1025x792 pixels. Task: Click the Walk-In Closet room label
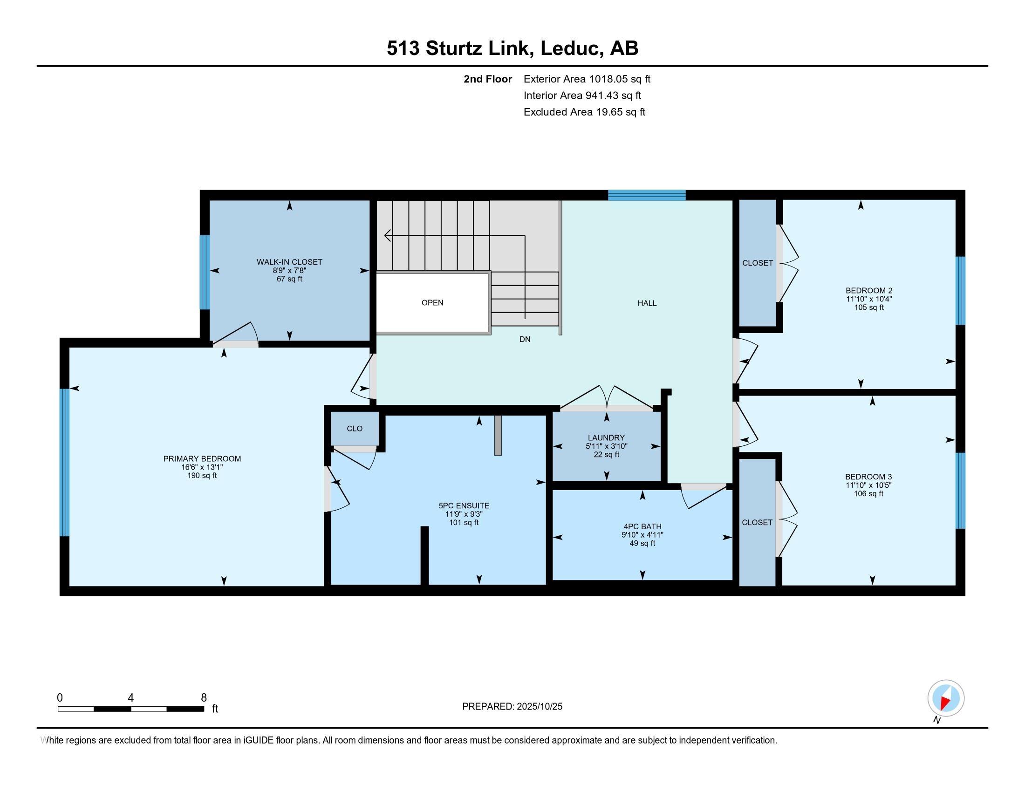click(290, 262)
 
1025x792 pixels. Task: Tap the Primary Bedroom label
click(202, 458)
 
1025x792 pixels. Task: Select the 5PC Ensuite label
click(464, 505)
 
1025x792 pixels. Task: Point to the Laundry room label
click(606, 438)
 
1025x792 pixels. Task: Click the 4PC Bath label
click(642, 526)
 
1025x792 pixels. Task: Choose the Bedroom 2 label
click(869, 290)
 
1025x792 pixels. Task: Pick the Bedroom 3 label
click(869, 477)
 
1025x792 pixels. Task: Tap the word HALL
click(647, 303)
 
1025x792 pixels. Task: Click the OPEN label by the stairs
click(432, 303)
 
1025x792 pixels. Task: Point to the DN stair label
click(525, 339)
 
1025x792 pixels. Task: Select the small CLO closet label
click(355, 428)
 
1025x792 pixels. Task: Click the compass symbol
click(946, 698)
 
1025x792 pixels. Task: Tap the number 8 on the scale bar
click(204, 698)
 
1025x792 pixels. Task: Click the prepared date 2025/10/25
click(539, 706)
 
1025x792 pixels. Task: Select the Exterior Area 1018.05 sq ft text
click(587, 79)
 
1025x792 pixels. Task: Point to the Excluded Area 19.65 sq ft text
click(584, 112)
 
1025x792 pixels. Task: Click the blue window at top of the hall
click(647, 195)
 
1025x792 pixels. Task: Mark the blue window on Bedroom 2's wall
click(960, 290)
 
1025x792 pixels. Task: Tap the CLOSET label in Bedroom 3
click(757, 522)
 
